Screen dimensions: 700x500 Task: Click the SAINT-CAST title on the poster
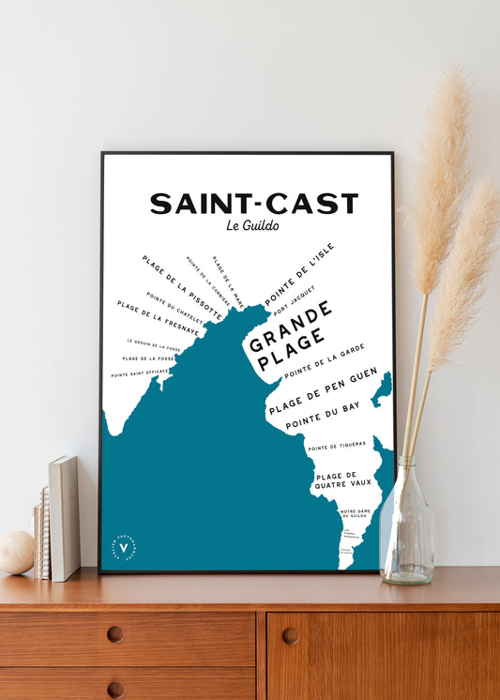pos(253,204)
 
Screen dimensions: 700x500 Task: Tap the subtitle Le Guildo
pos(253,225)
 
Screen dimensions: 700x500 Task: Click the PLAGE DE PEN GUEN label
pos(323,391)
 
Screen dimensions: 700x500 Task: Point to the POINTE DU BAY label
pos(323,416)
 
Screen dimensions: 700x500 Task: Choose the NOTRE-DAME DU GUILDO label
pos(356,513)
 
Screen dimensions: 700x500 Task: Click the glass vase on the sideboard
pos(407,525)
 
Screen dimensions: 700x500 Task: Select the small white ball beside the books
pos(15,553)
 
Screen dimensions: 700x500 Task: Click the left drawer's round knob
pos(114,634)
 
